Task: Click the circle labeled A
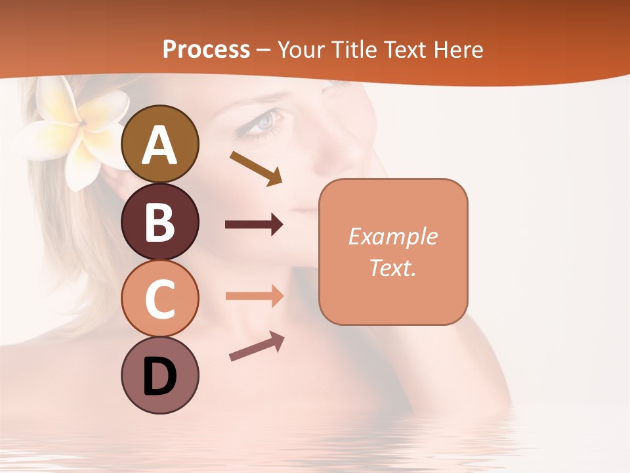[x=159, y=144]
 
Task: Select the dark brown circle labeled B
[x=159, y=221]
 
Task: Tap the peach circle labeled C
[x=159, y=298]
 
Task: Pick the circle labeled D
[x=159, y=375]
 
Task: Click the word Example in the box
[x=393, y=236]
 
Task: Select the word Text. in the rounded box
[x=393, y=267]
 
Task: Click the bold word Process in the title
[x=206, y=49]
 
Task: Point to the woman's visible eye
[x=262, y=122]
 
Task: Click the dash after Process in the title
[x=264, y=50]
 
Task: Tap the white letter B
[x=159, y=221]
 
